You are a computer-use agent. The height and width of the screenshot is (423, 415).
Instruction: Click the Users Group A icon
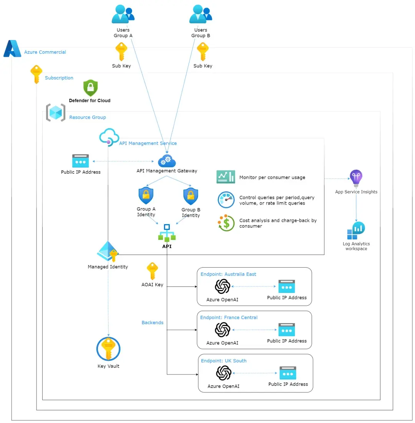point(123,15)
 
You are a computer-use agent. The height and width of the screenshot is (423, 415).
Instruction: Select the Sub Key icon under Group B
point(203,52)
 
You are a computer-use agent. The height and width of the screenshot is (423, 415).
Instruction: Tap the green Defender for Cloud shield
point(91,88)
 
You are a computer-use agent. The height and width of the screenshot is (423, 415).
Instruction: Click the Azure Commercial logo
point(12,49)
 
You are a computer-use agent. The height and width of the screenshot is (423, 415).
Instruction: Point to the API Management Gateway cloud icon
point(167,160)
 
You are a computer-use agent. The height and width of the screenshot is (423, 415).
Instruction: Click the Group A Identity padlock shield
point(146,196)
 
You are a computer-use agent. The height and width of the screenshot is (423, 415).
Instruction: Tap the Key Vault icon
point(108,349)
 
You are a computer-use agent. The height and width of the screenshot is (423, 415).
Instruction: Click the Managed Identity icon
point(108,251)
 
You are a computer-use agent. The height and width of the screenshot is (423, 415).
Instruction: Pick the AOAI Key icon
point(152,271)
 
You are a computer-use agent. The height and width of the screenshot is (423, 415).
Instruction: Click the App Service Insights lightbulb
point(356,178)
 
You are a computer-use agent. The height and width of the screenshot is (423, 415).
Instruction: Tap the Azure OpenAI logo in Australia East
point(222,286)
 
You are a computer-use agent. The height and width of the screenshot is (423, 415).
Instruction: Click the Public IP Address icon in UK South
point(288,373)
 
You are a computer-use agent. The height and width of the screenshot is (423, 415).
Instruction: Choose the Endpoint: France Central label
point(229,318)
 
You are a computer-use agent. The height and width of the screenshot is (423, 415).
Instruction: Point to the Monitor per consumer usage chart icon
point(226,177)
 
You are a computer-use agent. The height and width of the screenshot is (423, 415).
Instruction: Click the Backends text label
point(153,323)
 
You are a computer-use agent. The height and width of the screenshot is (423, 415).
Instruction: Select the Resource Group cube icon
point(56,112)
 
